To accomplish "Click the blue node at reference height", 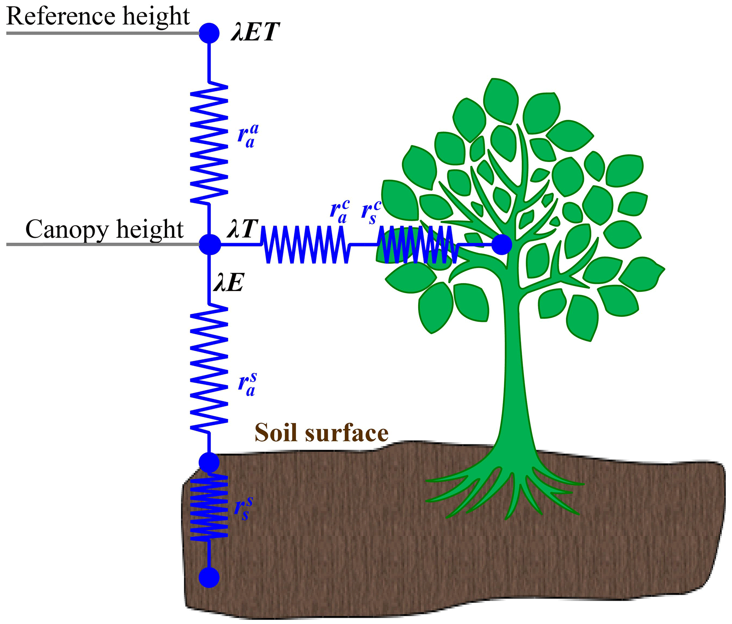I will [209, 33].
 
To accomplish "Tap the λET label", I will [255, 32].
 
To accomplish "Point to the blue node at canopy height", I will [210, 244].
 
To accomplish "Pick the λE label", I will [228, 283].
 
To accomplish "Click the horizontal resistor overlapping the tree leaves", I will [416, 244].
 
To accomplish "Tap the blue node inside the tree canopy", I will [502, 244].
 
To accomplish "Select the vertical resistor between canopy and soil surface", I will [209, 368].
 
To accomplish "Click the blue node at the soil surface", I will [209, 462].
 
